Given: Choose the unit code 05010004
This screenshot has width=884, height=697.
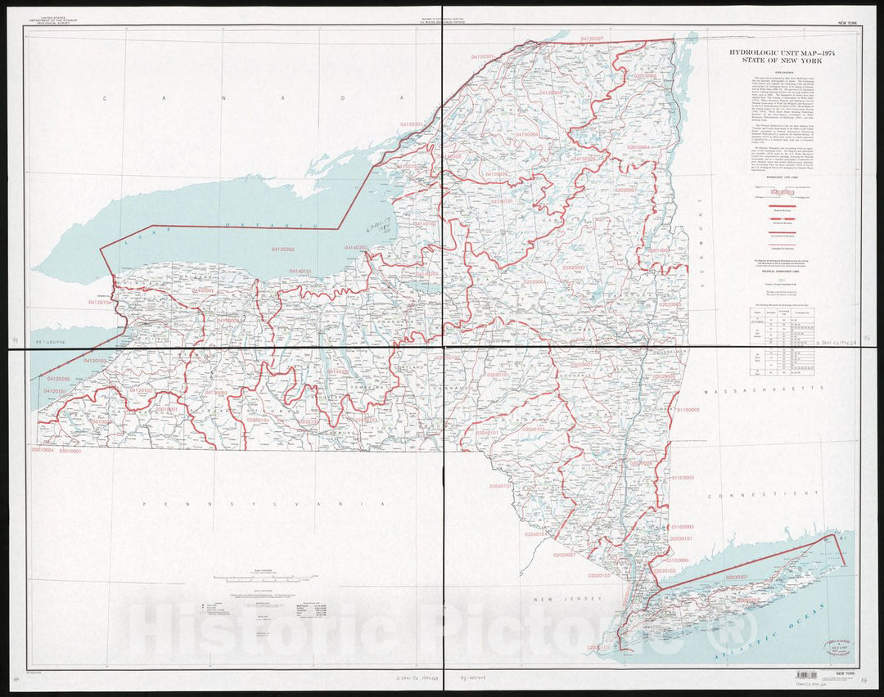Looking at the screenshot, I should click(x=43, y=451).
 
